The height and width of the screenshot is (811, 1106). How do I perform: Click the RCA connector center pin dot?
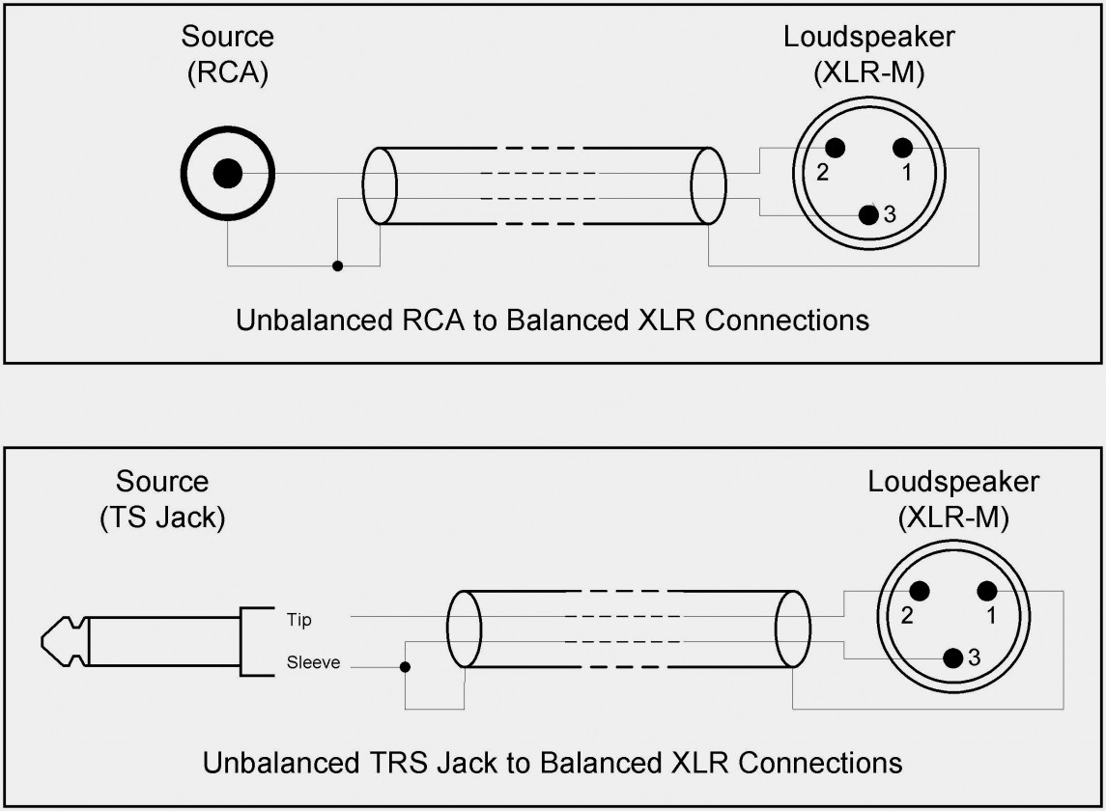tap(228, 174)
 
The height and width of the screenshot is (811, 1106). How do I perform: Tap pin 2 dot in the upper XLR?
tap(834, 148)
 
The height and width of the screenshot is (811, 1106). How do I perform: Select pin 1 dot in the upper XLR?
tap(901, 148)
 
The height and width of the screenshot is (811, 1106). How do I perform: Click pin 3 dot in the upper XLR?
tap(869, 215)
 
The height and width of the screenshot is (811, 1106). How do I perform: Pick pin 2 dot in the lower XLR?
tap(918, 591)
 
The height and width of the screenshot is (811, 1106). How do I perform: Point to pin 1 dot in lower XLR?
tap(986, 591)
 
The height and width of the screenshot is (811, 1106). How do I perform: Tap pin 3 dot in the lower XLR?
tap(953, 658)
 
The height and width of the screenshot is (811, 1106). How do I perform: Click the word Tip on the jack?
tap(299, 620)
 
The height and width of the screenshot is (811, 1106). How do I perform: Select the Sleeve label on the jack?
tap(313, 663)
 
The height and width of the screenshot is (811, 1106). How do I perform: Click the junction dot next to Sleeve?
tap(405, 666)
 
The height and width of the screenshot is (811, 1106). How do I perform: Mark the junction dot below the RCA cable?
tap(337, 266)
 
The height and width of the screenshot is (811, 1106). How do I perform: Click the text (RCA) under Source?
tap(227, 74)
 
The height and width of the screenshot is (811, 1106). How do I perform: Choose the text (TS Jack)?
tap(162, 517)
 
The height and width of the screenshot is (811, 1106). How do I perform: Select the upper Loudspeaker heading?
tap(869, 38)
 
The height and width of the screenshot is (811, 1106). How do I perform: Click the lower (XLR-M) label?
tap(953, 517)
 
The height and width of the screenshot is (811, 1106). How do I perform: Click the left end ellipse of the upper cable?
tap(381, 186)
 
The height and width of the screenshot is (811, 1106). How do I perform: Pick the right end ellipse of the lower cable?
tap(793, 629)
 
